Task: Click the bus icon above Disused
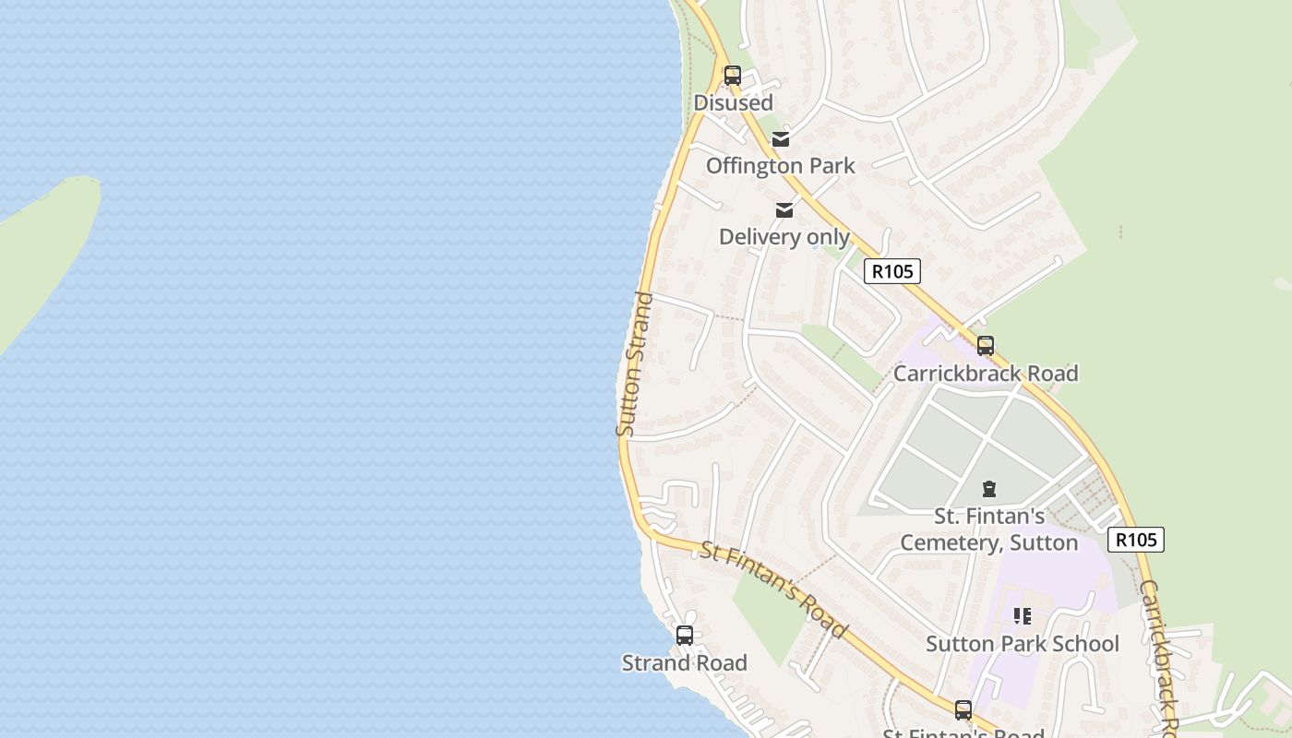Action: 733,76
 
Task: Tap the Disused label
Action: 733,102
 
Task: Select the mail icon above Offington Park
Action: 781,139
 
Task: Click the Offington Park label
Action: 781,166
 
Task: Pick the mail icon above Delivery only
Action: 784,210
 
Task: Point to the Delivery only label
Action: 784,237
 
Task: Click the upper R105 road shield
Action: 892,271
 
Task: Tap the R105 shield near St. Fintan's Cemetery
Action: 1136,540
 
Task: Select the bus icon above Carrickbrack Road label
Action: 986,346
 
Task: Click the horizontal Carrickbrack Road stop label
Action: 986,374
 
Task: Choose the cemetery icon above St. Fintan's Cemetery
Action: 989,489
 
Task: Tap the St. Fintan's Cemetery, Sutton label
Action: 989,529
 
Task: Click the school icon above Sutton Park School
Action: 1023,615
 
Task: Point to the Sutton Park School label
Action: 1023,644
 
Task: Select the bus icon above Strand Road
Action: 685,636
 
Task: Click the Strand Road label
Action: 685,663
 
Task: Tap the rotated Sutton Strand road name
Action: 634,364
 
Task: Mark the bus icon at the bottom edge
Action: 963,710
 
